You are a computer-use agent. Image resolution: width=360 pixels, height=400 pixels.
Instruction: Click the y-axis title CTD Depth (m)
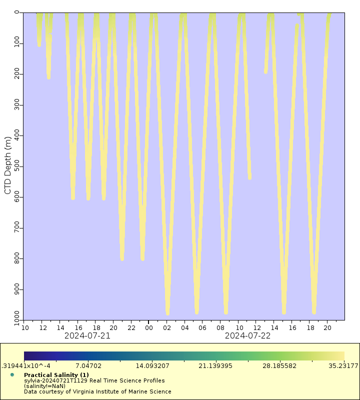(x=7, y=165)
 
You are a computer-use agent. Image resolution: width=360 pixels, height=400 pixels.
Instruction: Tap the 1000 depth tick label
(x=13, y=316)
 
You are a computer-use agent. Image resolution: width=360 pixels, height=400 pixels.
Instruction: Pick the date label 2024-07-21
(x=87, y=335)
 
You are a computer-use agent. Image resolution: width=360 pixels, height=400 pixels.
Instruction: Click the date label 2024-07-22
(x=247, y=335)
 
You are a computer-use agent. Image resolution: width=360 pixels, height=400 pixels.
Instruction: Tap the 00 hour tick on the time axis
(x=149, y=327)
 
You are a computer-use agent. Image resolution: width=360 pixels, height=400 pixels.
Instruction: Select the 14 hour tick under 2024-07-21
(x=60, y=327)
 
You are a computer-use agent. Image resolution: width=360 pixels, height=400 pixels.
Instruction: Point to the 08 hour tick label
(x=220, y=327)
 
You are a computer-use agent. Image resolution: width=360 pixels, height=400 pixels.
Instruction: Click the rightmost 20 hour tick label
(x=327, y=327)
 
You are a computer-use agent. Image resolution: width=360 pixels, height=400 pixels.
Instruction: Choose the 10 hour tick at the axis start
(x=24, y=327)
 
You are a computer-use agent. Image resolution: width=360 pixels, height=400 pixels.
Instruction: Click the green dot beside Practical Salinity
(x=12, y=374)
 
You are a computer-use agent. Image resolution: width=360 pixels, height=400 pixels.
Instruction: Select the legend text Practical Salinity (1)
(x=56, y=374)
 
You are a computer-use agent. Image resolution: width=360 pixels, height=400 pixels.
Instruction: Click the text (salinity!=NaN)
(x=44, y=386)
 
